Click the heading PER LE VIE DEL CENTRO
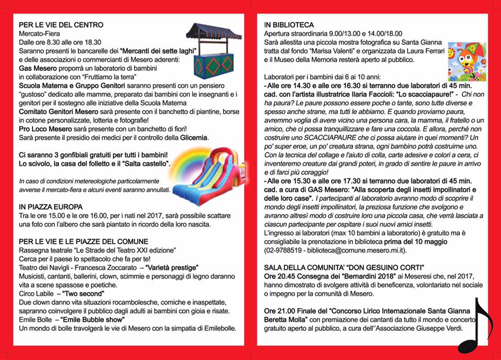pyautogui.click(x=61, y=25)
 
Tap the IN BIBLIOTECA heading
pyautogui.click(x=289, y=25)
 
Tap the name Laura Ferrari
pyautogui.click(x=422, y=51)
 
